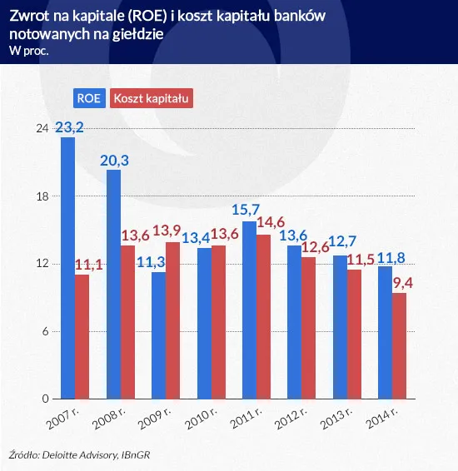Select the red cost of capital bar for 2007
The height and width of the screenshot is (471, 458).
click(82, 336)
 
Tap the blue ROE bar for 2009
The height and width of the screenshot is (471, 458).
click(158, 335)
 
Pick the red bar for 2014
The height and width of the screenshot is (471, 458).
click(399, 345)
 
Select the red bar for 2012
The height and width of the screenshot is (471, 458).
click(308, 328)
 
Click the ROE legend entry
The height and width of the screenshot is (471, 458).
click(88, 98)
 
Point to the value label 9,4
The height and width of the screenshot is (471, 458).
click(401, 283)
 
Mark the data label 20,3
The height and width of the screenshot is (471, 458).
click(114, 161)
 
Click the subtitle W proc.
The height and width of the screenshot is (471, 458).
click(28, 52)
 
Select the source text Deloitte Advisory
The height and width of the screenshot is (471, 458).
click(82, 455)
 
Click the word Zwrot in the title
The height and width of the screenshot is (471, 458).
click(27, 14)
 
